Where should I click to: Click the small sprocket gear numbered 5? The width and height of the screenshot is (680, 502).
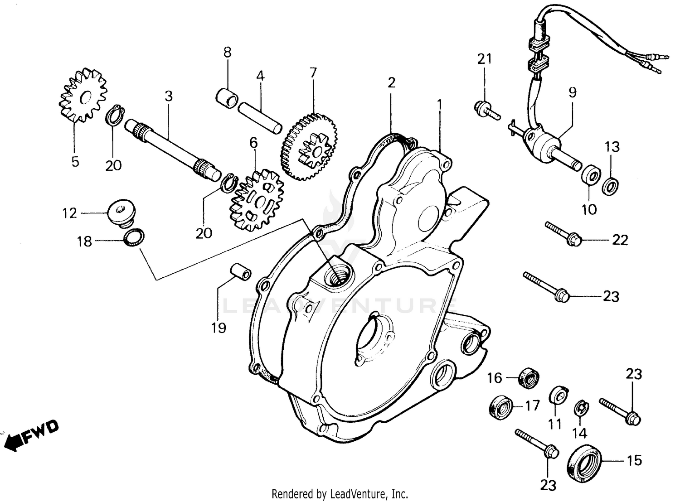(83, 97)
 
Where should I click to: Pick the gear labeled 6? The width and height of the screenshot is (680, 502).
(257, 199)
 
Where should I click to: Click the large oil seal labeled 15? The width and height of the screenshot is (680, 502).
(585, 461)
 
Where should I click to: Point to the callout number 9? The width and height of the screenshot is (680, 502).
(573, 93)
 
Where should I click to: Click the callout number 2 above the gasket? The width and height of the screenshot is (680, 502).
(391, 82)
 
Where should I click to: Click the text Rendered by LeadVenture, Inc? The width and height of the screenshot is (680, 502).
(340, 493)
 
